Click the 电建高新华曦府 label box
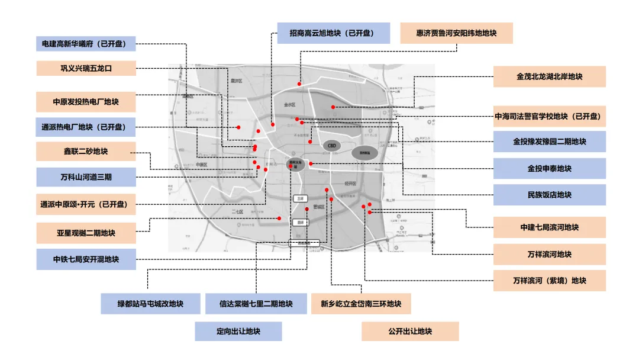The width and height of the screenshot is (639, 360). point(86,43)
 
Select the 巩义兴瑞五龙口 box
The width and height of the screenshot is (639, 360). point(86,68)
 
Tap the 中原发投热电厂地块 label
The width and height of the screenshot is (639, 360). point(86,102)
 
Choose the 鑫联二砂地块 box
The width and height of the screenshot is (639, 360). point(86,151)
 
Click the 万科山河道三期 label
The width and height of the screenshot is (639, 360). point(86,177)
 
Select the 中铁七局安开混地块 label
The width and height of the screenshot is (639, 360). point(86,259)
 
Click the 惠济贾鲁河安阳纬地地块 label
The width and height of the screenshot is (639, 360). point(456,33)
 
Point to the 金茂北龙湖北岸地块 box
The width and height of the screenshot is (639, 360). point(549,76)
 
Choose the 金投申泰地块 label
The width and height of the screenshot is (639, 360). point(549,168)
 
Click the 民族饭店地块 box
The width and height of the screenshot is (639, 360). point(549,195)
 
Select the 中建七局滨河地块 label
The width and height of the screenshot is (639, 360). point(549,227)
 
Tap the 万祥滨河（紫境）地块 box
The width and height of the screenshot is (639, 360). point(549,281)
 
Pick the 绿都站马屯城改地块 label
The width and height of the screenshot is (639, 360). point(150,304)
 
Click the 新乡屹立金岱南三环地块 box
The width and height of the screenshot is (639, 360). point(361,304)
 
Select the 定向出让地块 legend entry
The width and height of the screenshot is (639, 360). point(238,332)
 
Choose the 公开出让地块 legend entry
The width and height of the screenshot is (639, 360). point(410,332)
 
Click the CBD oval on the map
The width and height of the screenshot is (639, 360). point(331,145)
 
